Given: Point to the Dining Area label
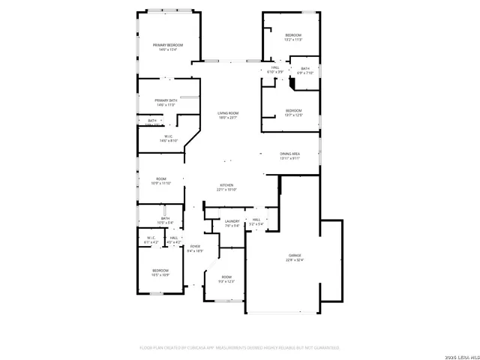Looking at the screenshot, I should coord(289,155).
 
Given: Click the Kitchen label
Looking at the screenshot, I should coord(226,187).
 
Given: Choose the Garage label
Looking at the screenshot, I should coord(294,257).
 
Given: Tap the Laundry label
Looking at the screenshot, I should coord(232,223).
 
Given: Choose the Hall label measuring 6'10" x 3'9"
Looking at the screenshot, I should coord(275,70).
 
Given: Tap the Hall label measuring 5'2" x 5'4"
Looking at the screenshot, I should coord(256,221).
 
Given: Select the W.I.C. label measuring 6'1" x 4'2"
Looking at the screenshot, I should coord(151,240).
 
